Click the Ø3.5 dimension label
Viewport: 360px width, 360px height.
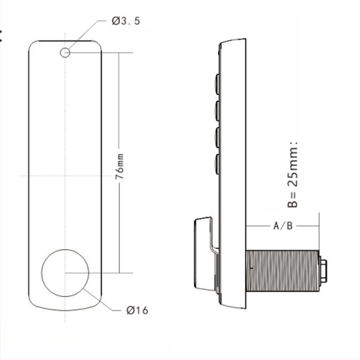pyautogui.click(x=126, y=21)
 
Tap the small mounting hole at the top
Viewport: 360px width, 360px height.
pyautogui.click(x=65, y=53)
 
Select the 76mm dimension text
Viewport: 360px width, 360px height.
pyautogui.click(x=120, y=167)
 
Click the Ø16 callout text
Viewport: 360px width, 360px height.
pyautogui.click(x=137, y=311)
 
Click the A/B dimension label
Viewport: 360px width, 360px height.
pyautogui.click(x=283, y=226)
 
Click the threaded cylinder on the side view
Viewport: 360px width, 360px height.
pyautogui.click(x=282, y=271)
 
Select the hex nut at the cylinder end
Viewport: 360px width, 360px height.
pyautogui.click(x=323, y=271)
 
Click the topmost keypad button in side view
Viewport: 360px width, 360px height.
pyautogui.click(x=217, y=84)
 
